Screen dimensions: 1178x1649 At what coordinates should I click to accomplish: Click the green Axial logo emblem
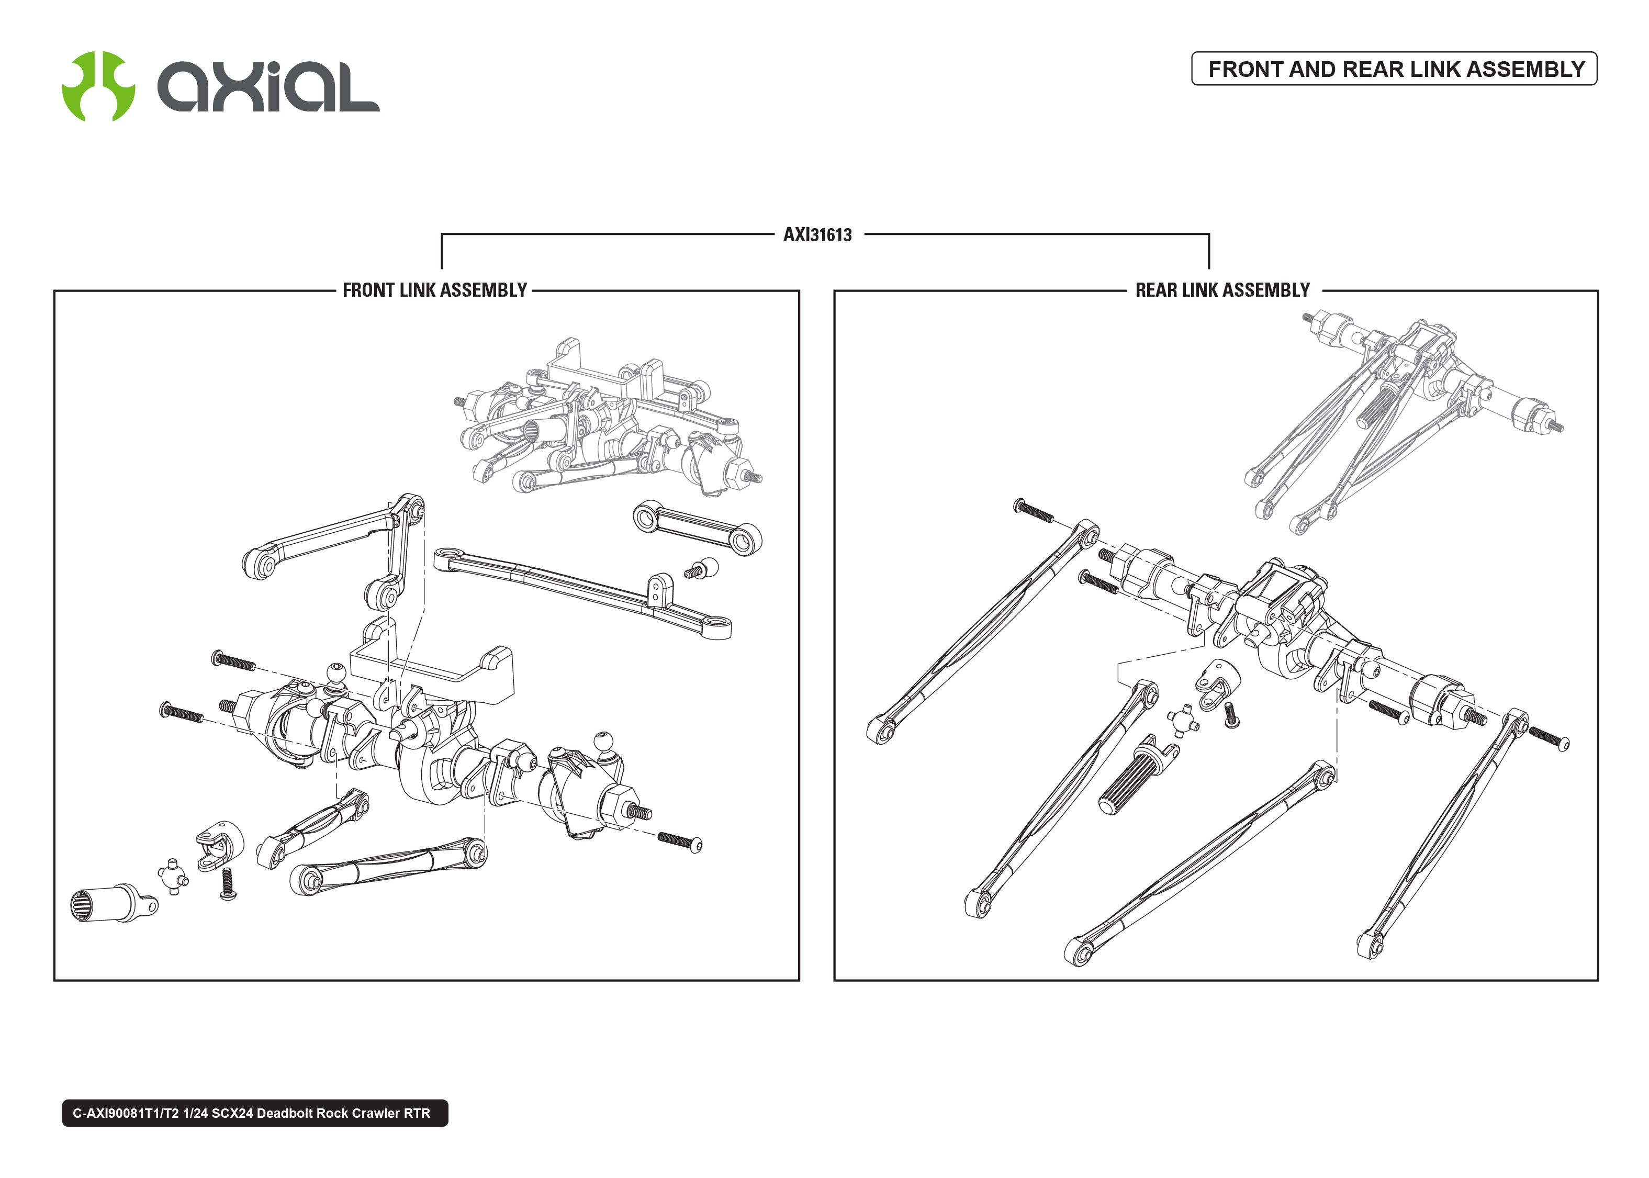click(98, 86)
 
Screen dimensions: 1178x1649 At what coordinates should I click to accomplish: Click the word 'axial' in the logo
click(268, 87)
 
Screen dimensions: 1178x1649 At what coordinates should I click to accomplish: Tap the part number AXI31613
click(817, 235)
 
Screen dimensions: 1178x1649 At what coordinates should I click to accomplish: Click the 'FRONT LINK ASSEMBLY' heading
click(434, 290)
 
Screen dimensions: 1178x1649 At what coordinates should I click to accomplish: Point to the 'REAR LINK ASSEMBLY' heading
click(1222, 290)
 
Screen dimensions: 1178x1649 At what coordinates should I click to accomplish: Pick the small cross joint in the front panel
click(173, 876)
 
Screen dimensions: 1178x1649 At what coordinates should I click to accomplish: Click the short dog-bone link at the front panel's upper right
click(697, 528)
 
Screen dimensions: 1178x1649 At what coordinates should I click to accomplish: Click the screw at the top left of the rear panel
click(1034, 511)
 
